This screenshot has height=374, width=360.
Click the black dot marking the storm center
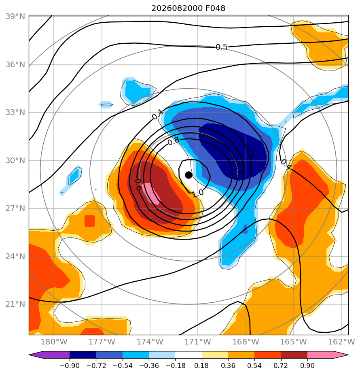point(188,175)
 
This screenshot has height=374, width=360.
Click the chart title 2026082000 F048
point(188,8)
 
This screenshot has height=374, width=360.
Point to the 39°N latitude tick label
point(15,17)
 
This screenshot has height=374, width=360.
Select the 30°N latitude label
point(15,161)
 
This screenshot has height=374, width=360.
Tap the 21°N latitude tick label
point(15,304)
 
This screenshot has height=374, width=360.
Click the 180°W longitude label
point(54,342)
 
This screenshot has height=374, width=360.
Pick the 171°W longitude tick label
point(198,342)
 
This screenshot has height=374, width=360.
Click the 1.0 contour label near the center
point(198,193)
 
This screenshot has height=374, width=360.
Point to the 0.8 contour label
point(173,141)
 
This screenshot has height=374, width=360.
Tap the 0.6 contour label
point(138,185)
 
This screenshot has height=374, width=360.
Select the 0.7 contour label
point(239,168)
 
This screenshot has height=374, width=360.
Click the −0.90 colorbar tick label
point(70,365)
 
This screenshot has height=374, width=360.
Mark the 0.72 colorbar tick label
point(281,365)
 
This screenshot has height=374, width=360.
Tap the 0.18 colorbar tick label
point(202,365)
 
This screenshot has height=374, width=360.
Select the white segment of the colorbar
point(188,355)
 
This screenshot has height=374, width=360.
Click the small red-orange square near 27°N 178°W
point(90,221)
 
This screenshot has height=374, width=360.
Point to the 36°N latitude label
point(15,65)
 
